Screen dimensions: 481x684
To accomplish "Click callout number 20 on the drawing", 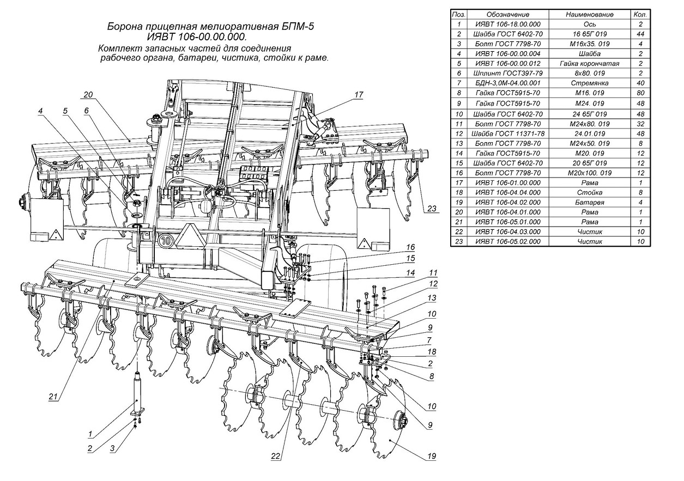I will point(89,94).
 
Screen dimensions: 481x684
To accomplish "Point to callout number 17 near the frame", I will point(358,94).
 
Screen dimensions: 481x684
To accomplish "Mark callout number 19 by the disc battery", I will point(432,456).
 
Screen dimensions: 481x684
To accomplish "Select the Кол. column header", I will point(640,14).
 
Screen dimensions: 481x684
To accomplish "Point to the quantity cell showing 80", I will point(640,93).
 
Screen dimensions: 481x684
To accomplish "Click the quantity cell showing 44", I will point(640,34).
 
